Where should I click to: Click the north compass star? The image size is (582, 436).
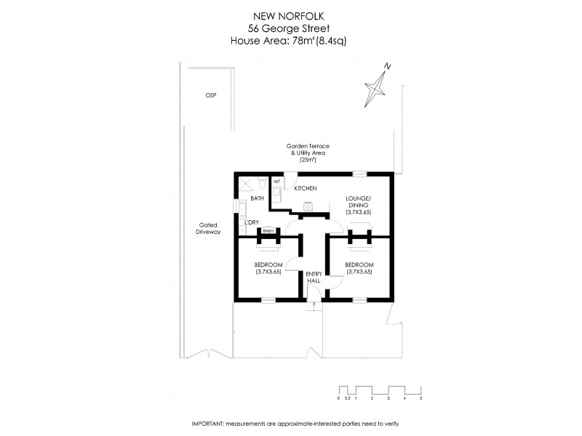coord(378,85)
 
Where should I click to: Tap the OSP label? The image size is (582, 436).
coord(211,96)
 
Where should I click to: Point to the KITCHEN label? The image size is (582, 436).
coord(306,189)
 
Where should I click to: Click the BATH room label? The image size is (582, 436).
coord(257,198)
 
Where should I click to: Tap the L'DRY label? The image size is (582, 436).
coord(252,222)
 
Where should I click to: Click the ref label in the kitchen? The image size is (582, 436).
coord(276,180)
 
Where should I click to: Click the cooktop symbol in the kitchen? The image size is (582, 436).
coord(308,206)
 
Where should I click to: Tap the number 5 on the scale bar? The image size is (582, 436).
coord(420,399)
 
